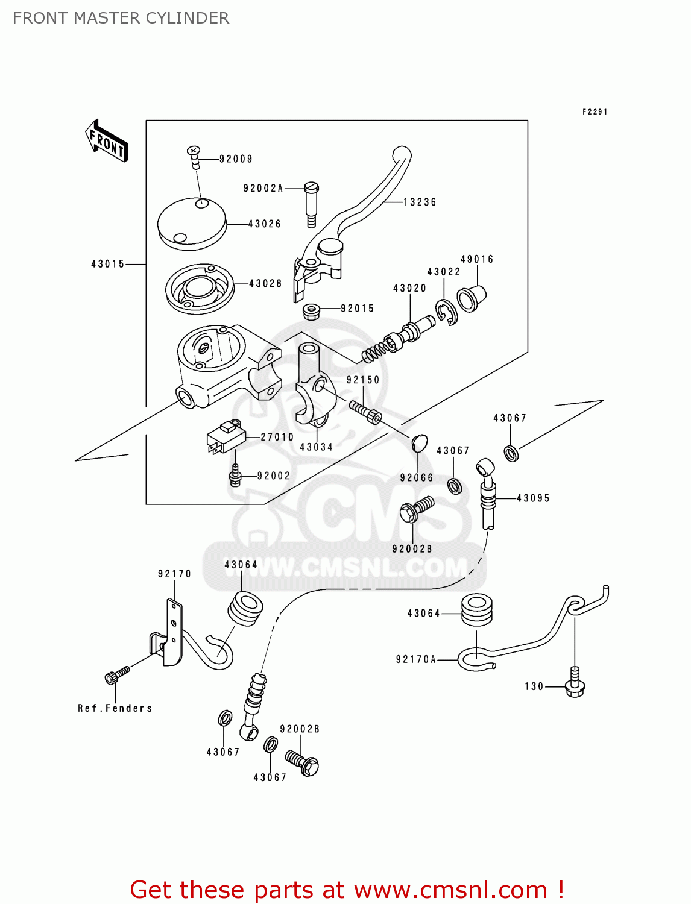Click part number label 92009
click(x=236, y=159)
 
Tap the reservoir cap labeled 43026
click(x=192, y=224)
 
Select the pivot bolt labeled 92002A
click(x=311, y=204)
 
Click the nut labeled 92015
click(x=311, y=312)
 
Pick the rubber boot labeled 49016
click(x=471, y=298)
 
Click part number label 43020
click(x=409, y=288)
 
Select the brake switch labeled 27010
click(x=226, y=437)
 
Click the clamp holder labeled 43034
click(x=311, y=386)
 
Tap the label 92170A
click(x=415, y=659)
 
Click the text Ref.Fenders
click(x=115, y=708)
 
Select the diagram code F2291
click(x=595, y=111)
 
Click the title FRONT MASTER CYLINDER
click(x=121, y=18)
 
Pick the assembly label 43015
click(x=107, y=264)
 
